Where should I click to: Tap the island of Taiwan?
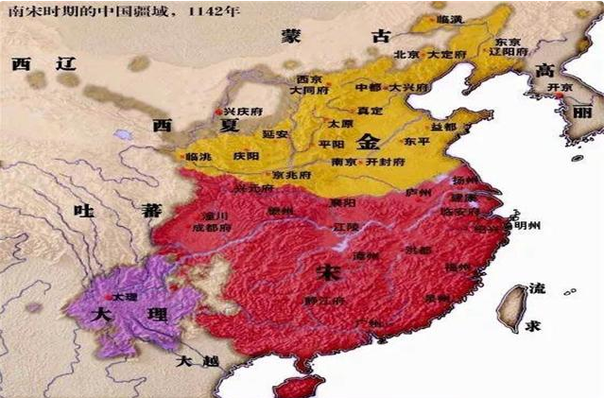pos(510,303)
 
